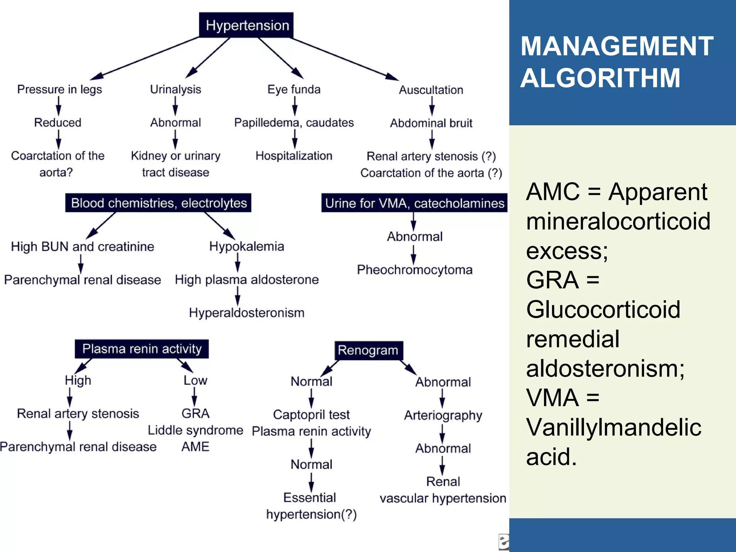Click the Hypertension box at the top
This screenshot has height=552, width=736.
(x=247, y=25)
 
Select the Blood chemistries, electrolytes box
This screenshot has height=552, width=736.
(x=158, y=203)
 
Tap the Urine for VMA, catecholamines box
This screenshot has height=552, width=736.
(x=414, y=203)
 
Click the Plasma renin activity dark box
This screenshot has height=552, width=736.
(x=142, y=349)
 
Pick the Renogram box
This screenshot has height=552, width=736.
(x=368, y=350)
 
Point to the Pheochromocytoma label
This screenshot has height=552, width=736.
(x=414, y=270)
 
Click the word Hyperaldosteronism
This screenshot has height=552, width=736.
(x=247, y=313)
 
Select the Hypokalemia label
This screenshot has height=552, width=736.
(x=247, y=246)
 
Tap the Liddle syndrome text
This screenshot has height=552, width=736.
(x=195, y=430)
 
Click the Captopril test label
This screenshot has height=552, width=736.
(x=311, y=414)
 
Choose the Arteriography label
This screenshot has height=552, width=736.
(x=443, y=415)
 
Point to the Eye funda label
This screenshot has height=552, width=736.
(x=294, y=89)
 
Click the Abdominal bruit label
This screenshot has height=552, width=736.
(x=431, y=123)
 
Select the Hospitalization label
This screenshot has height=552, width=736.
(x=294, y=156)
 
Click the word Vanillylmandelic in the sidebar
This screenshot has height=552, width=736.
(x=613, y=427)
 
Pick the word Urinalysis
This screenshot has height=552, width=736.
(x=175, y=89)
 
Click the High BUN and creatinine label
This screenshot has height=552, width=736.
(x=82, y=247)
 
